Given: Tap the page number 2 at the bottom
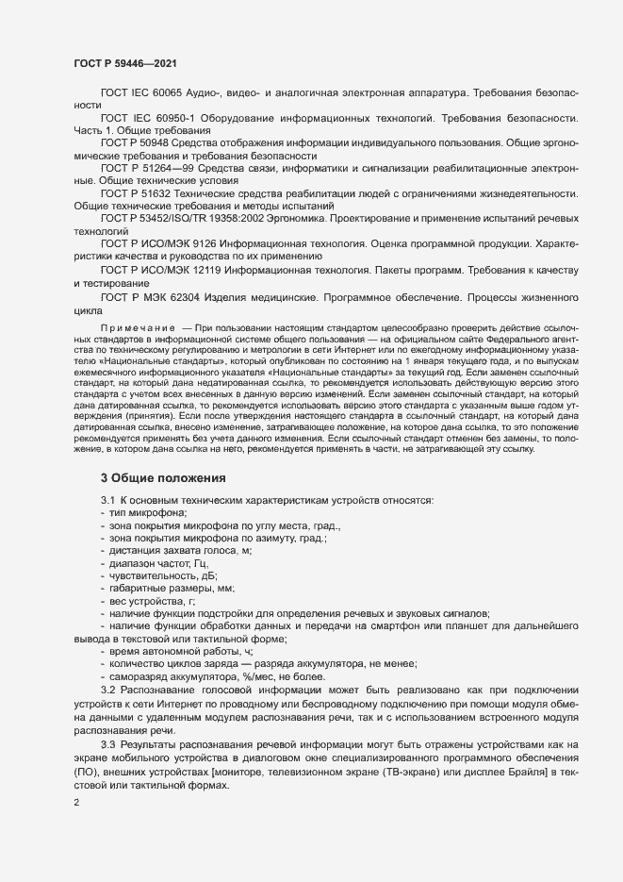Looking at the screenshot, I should coord(77,803).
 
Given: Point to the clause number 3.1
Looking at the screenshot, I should coord(107,498).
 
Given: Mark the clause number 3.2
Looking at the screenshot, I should coord(107,691).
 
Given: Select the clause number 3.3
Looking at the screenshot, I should coord(107,745).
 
